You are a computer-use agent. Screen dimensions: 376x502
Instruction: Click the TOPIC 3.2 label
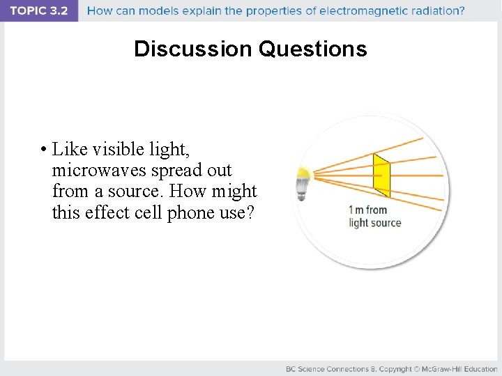pos(39,10)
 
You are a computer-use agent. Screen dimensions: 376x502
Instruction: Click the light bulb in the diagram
pos(303,182)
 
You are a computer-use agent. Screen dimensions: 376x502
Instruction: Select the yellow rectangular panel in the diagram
pos(381,175)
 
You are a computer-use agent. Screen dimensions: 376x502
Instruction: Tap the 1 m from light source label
pos(375,217)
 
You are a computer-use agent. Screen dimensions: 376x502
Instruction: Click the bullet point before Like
pos(43,150)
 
